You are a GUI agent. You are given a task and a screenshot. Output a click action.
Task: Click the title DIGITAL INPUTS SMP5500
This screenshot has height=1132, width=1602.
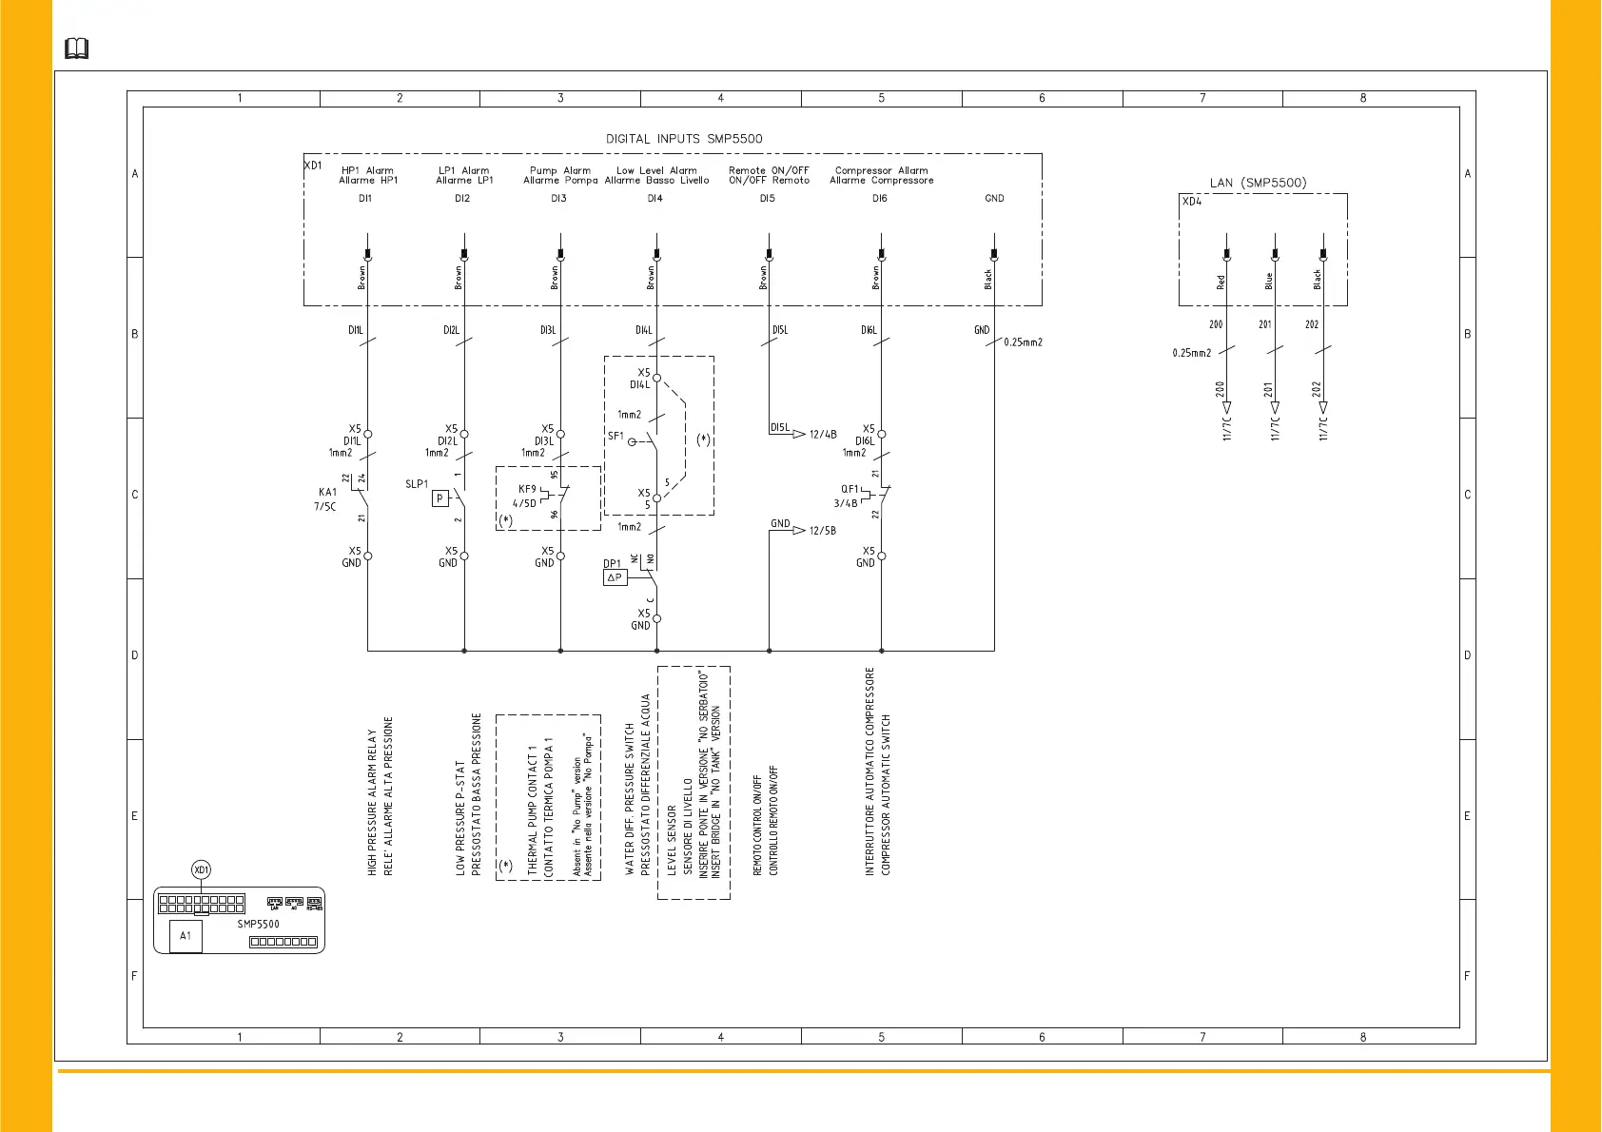click(684, 139)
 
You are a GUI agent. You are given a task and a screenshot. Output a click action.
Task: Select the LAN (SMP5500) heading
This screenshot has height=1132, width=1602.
click(1258, 183)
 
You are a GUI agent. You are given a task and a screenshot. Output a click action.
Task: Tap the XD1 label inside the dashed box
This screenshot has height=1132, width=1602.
click(313, 166)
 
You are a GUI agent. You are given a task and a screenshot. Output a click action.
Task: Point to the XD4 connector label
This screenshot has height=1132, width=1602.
click(1191, 202)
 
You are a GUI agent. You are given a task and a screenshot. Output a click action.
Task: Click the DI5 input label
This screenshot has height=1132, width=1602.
click(767, 199)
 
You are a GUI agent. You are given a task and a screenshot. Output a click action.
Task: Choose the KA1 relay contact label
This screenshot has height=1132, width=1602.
click(327, 493)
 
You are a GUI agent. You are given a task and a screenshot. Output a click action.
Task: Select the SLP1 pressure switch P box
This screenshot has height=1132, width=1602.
click(440, 498)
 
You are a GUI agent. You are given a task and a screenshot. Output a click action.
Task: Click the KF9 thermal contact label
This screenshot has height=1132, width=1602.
click(527, 490)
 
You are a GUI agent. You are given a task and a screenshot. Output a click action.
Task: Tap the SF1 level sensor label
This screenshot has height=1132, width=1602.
click(615, 437)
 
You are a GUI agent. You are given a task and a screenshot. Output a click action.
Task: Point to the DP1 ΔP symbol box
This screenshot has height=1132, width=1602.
click(615, 577)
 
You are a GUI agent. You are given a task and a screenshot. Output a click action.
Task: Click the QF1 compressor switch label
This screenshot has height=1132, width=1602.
click(850, 490)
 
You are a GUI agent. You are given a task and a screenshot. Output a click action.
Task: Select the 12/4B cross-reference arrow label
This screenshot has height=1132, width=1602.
click(823, 435)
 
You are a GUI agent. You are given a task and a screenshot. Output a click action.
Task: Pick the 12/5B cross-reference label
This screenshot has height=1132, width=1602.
click(823, 531)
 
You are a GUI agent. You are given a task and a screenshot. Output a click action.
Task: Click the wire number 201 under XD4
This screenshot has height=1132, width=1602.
click(1264, 324)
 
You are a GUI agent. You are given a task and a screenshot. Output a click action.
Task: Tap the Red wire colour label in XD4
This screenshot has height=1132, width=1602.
click(1221, 283)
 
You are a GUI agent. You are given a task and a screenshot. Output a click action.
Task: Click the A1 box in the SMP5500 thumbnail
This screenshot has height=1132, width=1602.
click(186, 936)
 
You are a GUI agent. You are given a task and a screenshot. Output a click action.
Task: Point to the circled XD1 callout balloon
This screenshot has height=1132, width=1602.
click(201, 869)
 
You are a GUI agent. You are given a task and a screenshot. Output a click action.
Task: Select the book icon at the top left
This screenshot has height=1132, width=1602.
click(76, 49)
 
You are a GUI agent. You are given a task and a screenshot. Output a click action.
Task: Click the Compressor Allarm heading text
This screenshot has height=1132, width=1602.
click(881, 171)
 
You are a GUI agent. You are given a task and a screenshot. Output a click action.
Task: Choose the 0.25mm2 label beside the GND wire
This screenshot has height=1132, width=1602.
click(1023, 342)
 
